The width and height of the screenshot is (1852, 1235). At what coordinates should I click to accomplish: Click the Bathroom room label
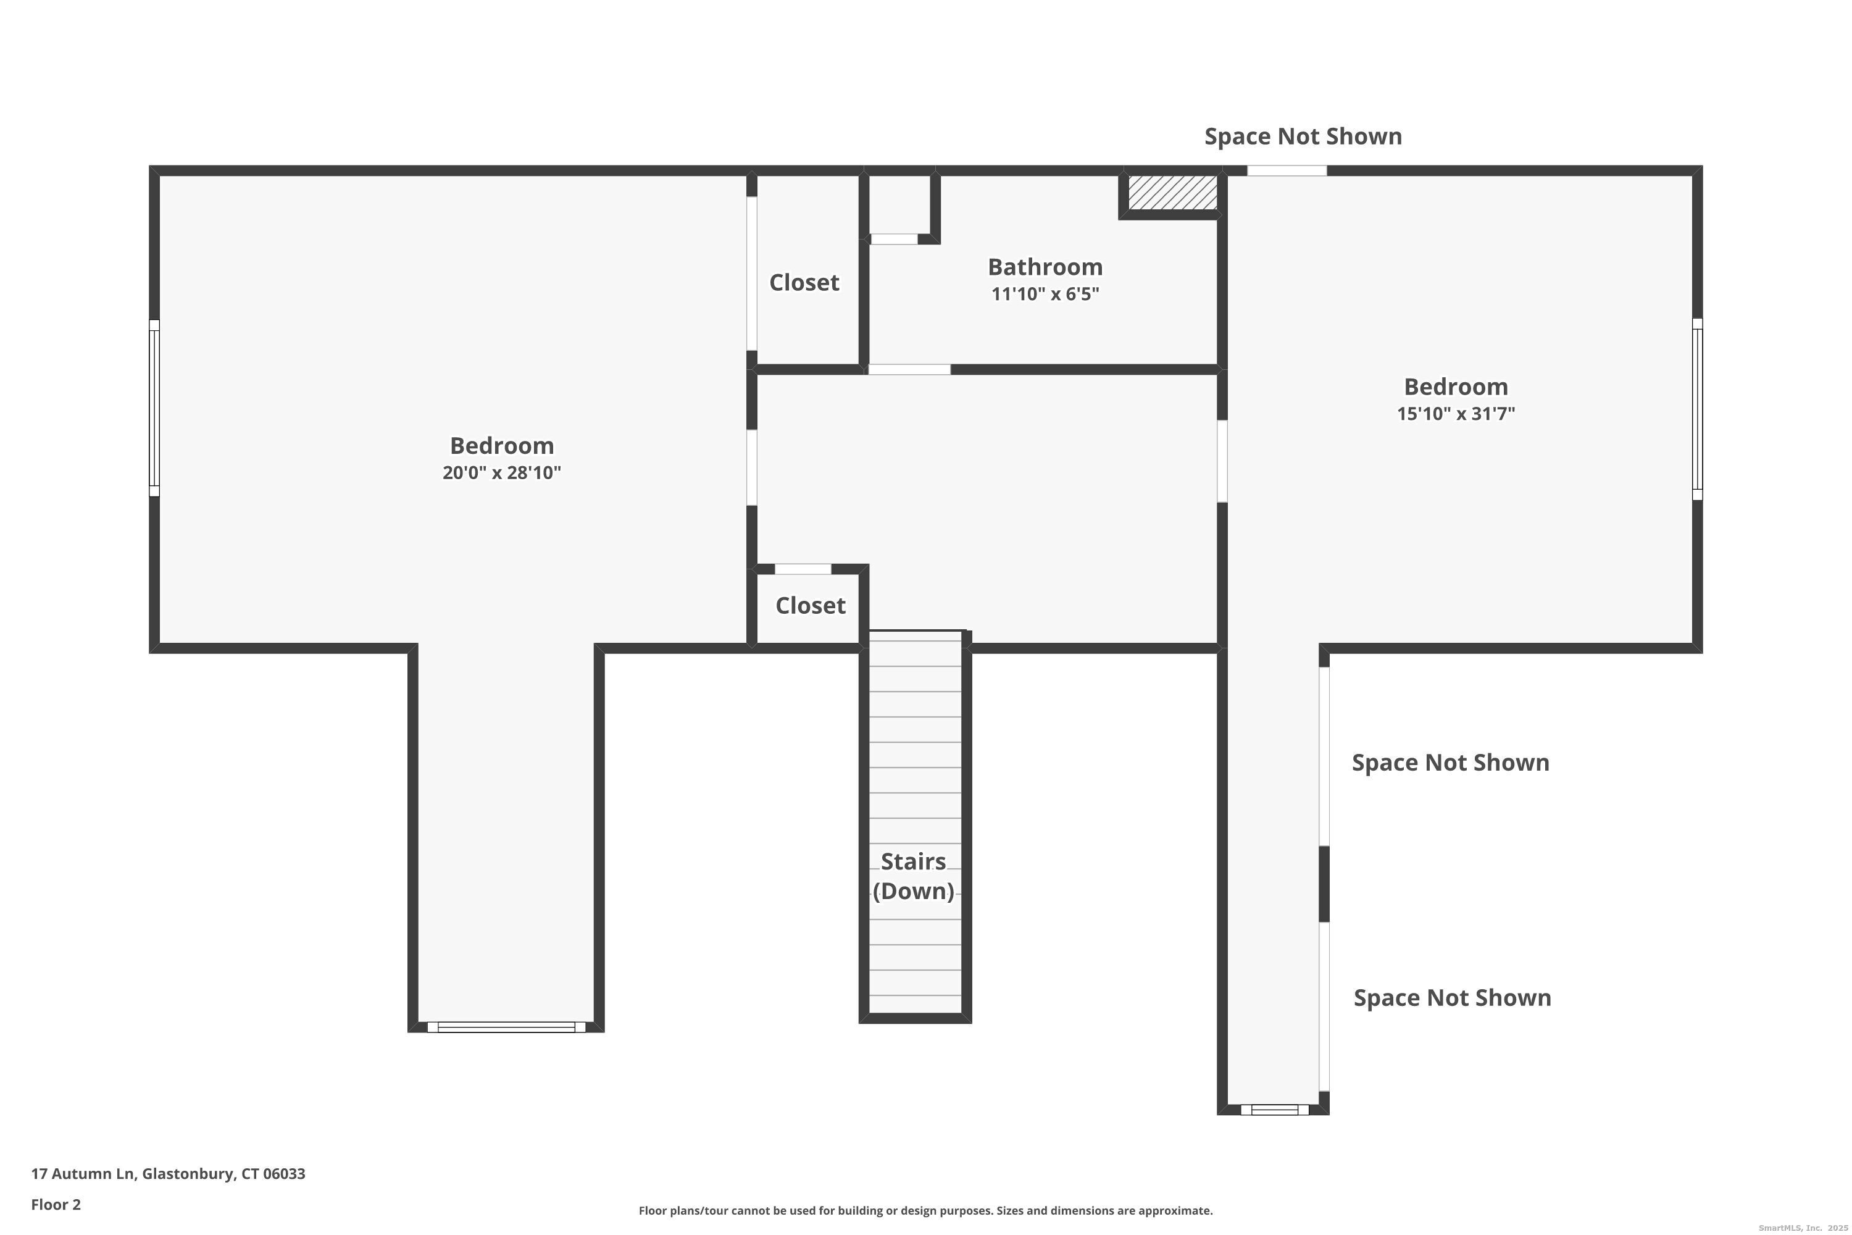1045,267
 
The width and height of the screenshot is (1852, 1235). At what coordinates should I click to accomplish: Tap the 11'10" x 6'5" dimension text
1045,295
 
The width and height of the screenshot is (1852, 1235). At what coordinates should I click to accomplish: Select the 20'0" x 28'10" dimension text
501,472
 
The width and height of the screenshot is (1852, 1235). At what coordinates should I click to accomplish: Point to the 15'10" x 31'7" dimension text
1456,414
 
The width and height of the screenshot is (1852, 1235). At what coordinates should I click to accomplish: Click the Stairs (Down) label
914,876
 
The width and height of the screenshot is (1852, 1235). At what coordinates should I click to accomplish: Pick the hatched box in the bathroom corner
1172,192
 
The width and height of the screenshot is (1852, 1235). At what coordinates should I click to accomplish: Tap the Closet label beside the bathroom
804,283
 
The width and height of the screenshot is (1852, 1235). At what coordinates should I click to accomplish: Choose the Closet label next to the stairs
810,606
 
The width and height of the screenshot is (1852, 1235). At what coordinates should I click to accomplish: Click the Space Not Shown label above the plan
1303,136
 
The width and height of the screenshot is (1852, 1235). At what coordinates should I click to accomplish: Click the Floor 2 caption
56,1204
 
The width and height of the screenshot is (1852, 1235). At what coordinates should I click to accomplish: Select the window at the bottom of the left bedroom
506,1027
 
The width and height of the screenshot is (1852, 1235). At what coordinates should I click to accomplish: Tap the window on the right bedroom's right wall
1698,409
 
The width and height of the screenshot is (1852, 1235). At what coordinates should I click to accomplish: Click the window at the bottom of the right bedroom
1275,1110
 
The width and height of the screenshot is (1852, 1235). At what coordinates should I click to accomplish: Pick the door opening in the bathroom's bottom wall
909,369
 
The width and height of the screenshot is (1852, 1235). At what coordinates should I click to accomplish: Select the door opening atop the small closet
803,569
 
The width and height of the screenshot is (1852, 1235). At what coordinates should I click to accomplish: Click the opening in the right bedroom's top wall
1287,171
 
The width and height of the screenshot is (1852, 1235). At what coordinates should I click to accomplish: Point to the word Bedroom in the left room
501,446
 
